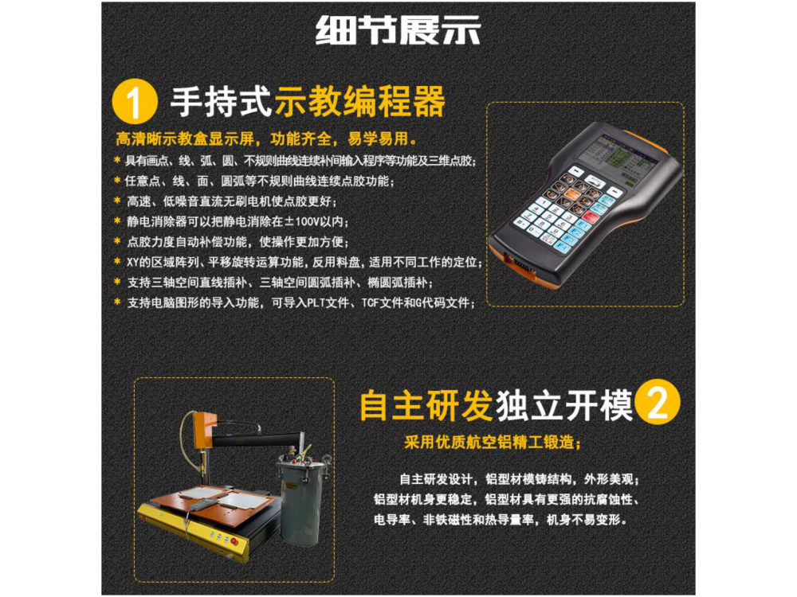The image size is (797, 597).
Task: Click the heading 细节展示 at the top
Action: pos(398,30)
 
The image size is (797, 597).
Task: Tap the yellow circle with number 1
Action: pos(134,101)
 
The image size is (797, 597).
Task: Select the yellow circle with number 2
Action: pos(658,403)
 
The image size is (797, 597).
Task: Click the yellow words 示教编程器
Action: pos(360,101)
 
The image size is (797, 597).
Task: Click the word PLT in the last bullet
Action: pos(316,303)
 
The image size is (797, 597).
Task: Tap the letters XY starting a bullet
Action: pos(132,263)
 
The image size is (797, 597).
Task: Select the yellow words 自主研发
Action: pos(426,405)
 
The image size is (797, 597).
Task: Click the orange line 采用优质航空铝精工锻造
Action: pos(492,442)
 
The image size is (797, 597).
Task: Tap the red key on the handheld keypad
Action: pos(590,217)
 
